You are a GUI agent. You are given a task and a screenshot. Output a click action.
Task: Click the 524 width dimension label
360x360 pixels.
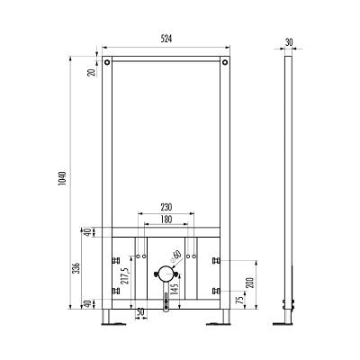[x=166, y=39]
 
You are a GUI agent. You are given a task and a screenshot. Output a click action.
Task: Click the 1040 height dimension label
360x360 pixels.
[x=62, y=178]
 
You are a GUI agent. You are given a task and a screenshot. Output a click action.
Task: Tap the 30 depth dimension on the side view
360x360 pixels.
[x=289, y=42]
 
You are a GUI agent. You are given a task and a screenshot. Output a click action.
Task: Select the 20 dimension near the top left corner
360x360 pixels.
[x=93, y=72]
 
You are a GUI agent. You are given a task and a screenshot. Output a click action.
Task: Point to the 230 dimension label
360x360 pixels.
[x=166, y=207]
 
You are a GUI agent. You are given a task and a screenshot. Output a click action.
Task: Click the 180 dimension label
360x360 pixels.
[x=166, y=220]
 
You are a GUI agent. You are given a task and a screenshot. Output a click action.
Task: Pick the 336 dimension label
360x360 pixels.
[x=76, y=268]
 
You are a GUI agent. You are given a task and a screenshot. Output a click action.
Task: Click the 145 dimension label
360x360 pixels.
[x=175, y=289]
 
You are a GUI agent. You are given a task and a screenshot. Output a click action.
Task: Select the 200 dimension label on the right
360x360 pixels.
[x=250, y=283]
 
